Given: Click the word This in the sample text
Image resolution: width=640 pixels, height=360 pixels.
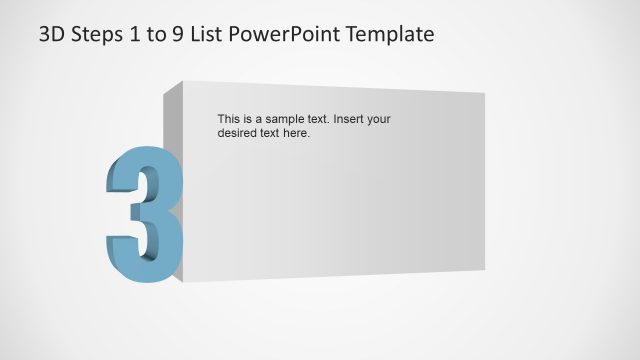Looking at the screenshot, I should (x=229, y=119).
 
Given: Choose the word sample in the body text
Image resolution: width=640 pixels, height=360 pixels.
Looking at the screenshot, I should (x=285, y=119).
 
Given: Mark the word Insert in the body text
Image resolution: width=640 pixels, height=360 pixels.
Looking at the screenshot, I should (x=349, y=119).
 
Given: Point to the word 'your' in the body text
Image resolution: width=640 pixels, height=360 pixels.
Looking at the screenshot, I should (x=379, y=119).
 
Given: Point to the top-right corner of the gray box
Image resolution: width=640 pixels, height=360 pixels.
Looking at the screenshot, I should (x=485, y=93).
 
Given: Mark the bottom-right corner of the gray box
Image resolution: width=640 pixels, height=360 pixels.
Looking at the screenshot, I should (x=485, y=270).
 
